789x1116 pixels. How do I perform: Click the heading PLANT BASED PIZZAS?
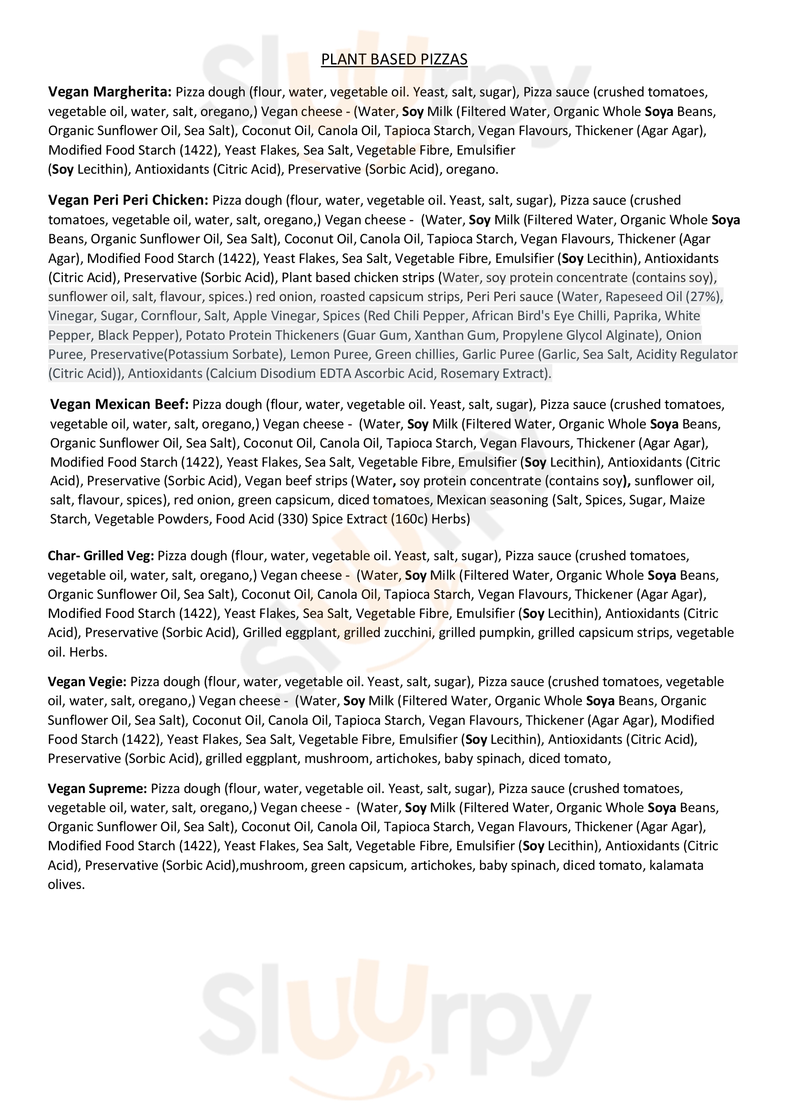[394, 59]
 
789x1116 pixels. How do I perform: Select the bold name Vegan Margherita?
[109, 92]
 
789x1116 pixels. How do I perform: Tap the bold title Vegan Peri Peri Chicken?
[128, 200]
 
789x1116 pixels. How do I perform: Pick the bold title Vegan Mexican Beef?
[119, 405]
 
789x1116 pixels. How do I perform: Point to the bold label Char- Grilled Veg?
[101, 555]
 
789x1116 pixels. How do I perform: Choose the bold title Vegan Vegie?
[87, 681]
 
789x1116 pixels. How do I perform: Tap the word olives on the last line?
[66, 885]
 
